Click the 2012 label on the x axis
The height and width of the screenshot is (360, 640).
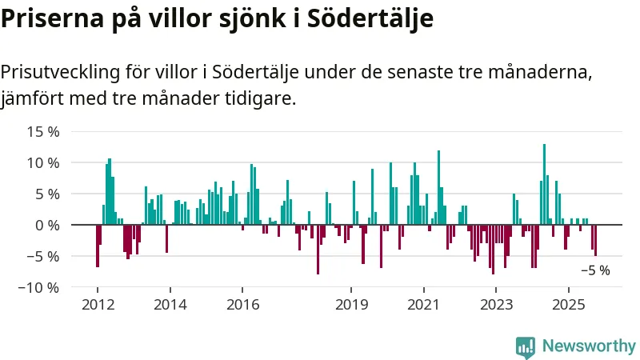[x=97, y=305]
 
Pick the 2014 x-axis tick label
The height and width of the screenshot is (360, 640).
[x=170, y=305]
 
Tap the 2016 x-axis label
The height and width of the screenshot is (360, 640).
[x=242, y=305]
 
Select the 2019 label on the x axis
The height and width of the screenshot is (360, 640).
[x=351, y=305]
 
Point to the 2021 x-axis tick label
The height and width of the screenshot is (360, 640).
[x=423, y=305]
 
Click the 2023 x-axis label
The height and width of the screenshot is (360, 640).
[x=496, y=305]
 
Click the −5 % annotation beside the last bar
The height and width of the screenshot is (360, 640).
[x=595, y=270]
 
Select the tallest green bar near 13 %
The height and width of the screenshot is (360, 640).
[x=544, y=184]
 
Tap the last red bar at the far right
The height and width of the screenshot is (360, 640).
[x=595, y=240]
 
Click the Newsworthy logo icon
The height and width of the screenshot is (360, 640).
[x=526, y=346]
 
